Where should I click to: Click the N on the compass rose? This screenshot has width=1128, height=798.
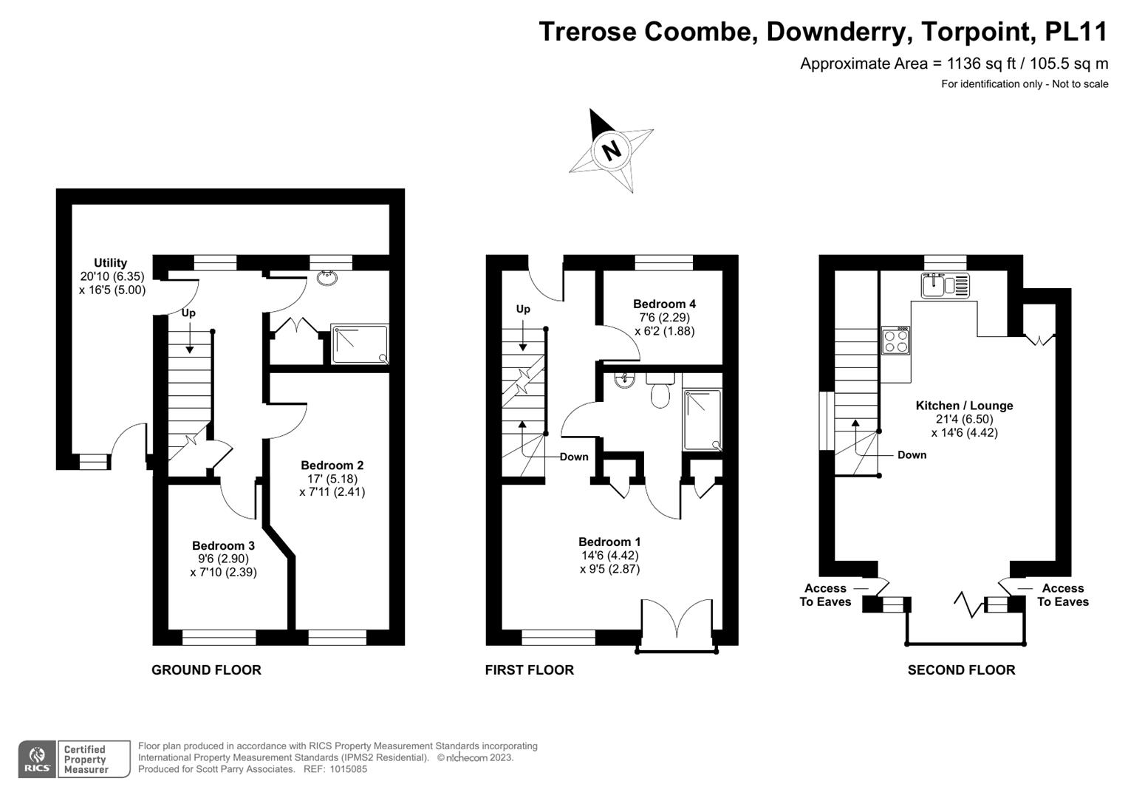tap(612, 150)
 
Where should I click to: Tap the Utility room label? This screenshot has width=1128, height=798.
tap(111, 262)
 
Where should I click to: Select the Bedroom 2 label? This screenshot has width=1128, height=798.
tap(332, 465)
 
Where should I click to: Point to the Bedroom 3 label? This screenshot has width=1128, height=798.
tap(223, 545)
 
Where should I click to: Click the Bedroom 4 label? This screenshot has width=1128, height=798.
tap(664, 304)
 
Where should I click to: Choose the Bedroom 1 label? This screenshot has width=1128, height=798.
tap(609, 542)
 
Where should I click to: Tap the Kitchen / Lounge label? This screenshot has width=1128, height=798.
tap(964, 406)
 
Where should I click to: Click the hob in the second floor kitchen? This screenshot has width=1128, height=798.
tap(896, 341)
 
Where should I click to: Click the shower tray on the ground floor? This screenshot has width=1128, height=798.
tap(360, 344)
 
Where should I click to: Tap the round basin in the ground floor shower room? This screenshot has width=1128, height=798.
tap(327, 278)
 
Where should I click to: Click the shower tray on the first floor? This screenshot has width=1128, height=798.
tap(703, 420)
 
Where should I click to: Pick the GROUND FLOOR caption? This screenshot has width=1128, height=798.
tap(206, 670)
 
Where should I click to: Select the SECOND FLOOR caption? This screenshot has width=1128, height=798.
tap(961, 670)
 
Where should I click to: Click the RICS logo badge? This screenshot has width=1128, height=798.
tap(37, 759)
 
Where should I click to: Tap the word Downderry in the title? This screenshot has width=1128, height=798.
tap(839, 31)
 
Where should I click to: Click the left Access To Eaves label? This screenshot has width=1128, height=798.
tap(825, 595)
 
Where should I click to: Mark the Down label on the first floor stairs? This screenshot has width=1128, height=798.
tap(574, 457)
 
